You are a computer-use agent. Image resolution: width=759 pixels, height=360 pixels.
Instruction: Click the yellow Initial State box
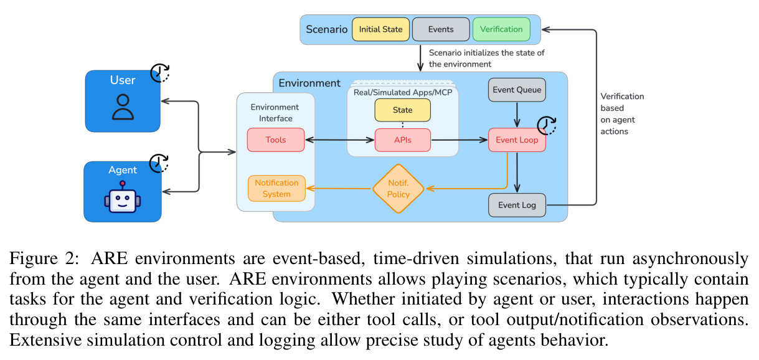pos(380,29)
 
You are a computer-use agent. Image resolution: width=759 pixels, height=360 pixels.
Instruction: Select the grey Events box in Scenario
pos(441,29)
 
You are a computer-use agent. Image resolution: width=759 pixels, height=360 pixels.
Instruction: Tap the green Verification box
pos(501,29)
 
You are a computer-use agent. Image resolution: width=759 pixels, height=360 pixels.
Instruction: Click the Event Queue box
pos(517,90)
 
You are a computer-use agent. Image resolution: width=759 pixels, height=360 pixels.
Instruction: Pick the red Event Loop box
pos(517,140)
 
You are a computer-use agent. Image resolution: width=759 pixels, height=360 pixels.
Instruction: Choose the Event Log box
pos(517,205)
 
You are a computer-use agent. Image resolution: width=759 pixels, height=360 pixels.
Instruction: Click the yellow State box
pos(403,110)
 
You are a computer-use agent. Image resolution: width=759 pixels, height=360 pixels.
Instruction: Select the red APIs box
pos(403,140)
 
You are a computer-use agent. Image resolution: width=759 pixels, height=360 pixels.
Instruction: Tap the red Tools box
pos(276,140)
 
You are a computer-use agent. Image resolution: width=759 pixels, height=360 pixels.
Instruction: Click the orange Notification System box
pos(276,189)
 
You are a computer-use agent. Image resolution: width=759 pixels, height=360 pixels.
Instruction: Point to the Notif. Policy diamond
pos(398,189)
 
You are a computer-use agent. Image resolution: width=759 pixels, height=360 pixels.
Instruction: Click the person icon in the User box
pos(123,107)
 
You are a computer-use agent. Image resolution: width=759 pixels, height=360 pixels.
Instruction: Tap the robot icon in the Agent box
pos(122,197)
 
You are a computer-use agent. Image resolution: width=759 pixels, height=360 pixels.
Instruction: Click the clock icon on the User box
pos(160,72)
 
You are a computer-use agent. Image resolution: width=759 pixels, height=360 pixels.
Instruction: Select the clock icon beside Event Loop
pos(547,125)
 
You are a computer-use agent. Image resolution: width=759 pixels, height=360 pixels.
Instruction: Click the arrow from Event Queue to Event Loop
pos(517,115)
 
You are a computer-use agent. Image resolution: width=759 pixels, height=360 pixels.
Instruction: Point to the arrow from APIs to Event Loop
pos(460,140)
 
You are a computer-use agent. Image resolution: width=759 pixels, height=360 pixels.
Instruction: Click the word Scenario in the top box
pos(327,29)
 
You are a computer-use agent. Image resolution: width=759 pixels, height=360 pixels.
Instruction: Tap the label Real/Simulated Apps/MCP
pos(403,92)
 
